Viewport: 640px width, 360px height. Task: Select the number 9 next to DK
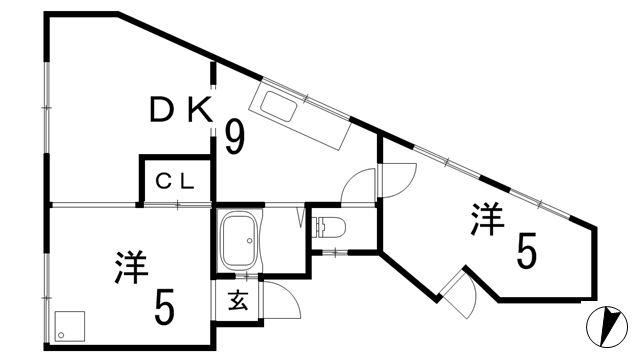(234, 137)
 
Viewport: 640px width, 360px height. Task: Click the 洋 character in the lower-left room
(131, 267)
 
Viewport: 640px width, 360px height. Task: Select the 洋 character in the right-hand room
(487, 218)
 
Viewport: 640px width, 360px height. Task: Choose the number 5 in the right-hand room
(524, 250)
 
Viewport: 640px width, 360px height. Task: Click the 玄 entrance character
(238, 298)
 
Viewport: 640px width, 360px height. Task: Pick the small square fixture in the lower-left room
(69, 324)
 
